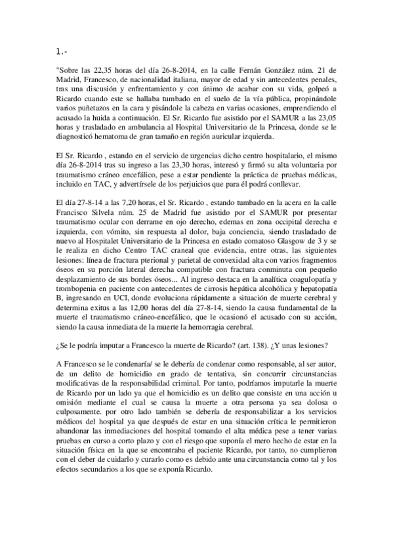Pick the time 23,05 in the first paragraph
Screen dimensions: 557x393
(325, 118)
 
